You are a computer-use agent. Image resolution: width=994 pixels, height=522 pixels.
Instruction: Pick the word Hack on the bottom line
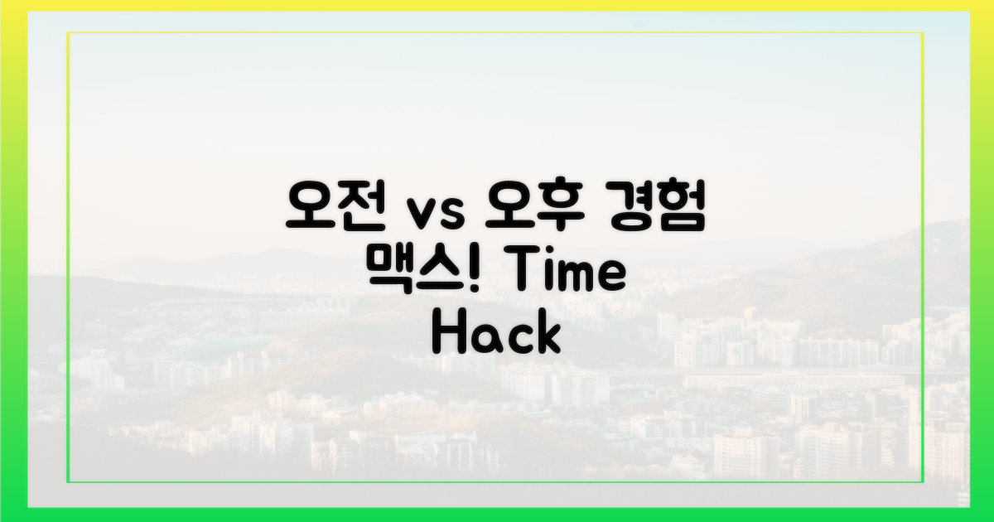tap(497, 336)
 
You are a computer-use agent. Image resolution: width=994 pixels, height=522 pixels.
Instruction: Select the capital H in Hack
tap(448, 336)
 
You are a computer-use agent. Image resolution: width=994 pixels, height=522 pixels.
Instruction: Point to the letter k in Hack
tap(548, 336)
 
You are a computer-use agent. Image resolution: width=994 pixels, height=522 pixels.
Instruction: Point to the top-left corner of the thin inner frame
tap(68, 33)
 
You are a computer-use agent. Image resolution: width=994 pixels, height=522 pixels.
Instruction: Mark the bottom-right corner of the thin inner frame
tap(924, 481)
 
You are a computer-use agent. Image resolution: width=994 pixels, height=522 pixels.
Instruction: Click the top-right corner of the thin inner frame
tap(924, 33)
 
